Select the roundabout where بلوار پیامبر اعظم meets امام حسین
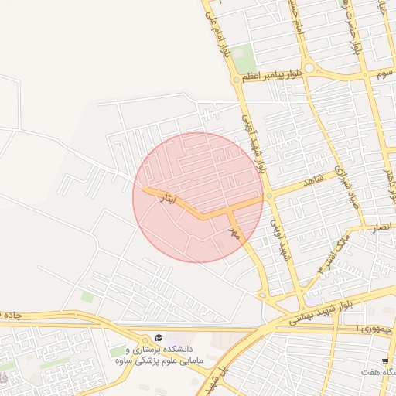pyautogui.click(x=309, y=68)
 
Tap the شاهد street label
pyautogui.click(x=312, y=180)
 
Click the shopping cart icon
pyautogui.click(x=384, y=361)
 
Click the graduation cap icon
pyautogui.click(x=159, y=338)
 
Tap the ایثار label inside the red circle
pyautogui.click(x=167, y=199)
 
